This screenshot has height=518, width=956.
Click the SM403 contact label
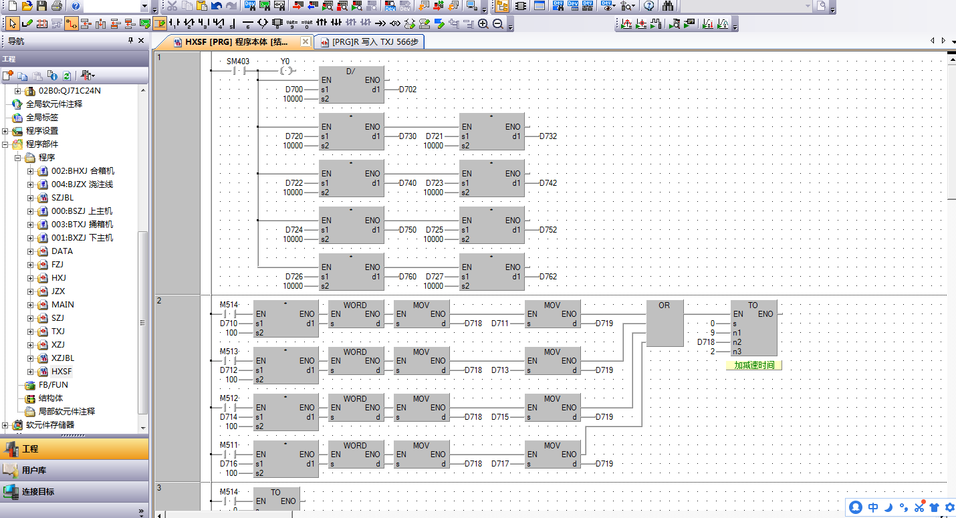click(238, 61)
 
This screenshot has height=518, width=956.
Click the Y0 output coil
click(285, 70)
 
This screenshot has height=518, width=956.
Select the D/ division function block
click(352, 85)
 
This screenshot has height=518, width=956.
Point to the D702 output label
click(408, 90)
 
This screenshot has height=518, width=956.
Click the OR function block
click(664, 323)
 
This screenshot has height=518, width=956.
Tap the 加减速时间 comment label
click(753, 366)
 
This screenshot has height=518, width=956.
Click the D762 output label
click(548, 277)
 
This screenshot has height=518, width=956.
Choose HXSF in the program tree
click(62, 372)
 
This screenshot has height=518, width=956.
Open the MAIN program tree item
click(63, 305)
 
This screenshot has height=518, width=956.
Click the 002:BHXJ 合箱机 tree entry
click(83, 171)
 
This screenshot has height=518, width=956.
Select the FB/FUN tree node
click(53, 385)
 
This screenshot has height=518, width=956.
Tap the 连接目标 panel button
click(38, 492)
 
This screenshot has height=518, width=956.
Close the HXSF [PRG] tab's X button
click(305, 42)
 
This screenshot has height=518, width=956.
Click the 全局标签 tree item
click(42, 118)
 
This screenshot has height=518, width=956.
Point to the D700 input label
click(293, 90)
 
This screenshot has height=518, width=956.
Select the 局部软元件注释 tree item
click(67, 412)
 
